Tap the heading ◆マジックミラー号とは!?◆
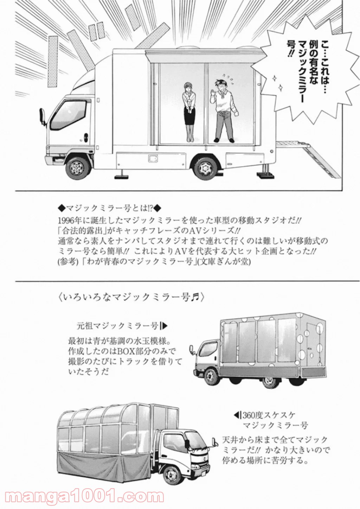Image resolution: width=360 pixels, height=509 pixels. coord(109,207)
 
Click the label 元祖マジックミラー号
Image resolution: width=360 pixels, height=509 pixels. coord(118,326)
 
